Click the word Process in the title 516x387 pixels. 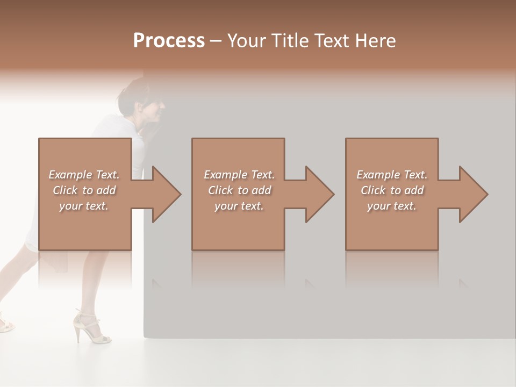(169, 41)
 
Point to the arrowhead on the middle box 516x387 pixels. (318, 194)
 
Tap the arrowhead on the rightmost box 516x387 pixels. (472, 194)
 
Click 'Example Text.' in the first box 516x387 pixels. (84, 175)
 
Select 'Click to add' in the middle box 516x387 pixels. (239, 190)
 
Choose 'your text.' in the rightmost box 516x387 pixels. (392, 206)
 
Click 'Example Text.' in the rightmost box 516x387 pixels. (392, 175)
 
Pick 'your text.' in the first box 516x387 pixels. (84, 206)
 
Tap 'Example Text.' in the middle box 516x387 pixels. (239, 175)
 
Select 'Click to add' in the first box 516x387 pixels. (84, 190)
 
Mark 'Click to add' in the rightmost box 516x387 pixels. (392, 190)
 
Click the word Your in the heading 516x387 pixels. (246, 41)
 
